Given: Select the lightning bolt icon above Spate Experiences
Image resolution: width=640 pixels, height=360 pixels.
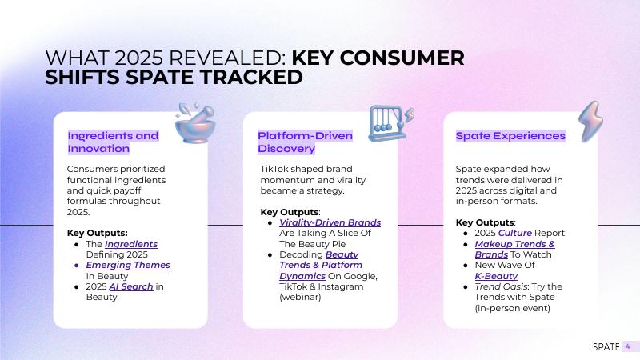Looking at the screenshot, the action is coord(590,122).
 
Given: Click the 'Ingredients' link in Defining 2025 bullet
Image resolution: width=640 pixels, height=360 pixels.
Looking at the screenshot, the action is coord(131,244).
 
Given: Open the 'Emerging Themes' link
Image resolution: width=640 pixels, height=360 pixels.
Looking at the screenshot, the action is coord(128,266).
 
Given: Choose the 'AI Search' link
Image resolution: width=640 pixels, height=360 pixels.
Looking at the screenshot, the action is coord(131,286).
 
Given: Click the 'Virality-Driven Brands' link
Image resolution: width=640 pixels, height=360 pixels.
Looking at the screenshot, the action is coord(330,222).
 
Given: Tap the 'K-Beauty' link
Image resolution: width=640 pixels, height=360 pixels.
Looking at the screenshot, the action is coord(496,276).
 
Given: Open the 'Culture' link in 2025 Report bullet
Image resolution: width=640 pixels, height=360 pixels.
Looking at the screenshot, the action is coord(515,233).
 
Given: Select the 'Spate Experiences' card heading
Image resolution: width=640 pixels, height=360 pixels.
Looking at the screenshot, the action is coord(510,136).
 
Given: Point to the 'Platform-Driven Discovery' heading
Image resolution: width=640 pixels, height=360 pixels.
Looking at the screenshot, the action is coord(305,142).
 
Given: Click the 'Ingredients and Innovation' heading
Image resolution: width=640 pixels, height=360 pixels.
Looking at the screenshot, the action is coord(113,142).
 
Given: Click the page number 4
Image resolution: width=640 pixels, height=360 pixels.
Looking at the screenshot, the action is coord(628,347).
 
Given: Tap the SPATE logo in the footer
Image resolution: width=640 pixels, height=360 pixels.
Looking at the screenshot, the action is coord(606,347).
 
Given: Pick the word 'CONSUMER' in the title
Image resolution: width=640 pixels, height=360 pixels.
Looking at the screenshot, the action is coord(402,58).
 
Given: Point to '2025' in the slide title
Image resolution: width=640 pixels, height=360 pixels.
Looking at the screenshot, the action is coord(139,58).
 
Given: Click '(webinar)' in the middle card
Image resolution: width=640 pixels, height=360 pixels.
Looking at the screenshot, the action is coord(300,297).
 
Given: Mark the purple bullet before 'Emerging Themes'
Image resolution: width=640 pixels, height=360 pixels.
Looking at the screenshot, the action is coord(76,266).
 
